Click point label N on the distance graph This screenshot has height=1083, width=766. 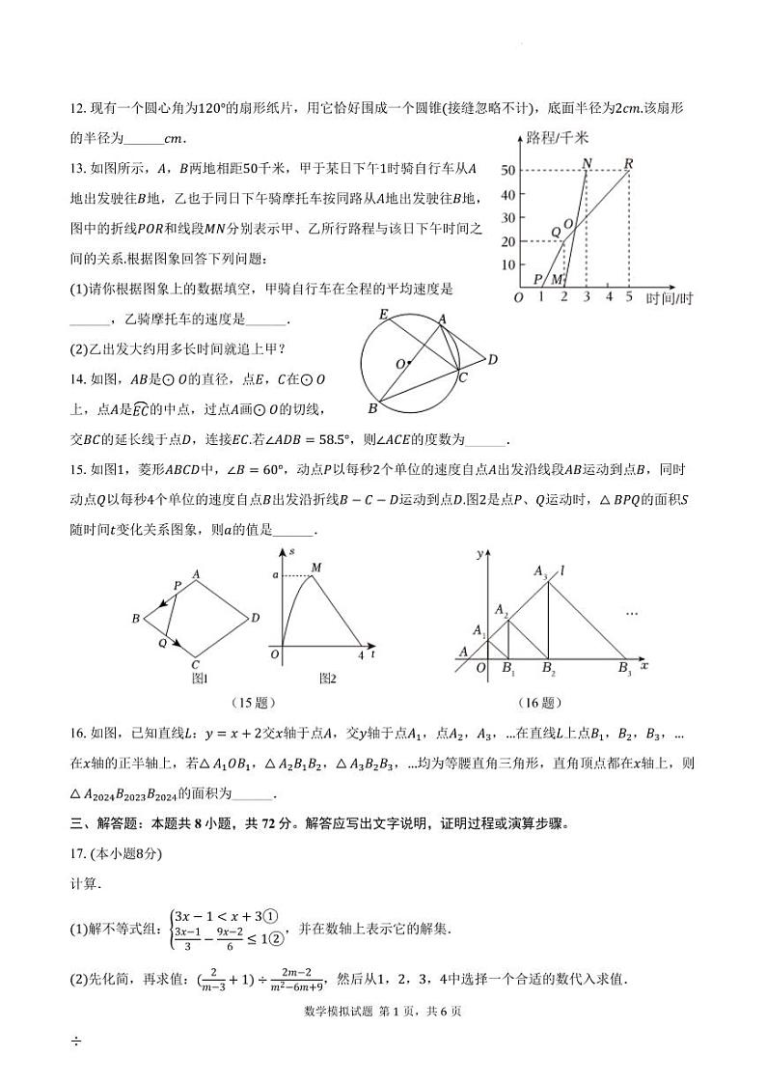click(587, 163)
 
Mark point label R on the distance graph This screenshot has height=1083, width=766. click(628, 162)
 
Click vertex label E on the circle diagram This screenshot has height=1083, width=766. click(383, 316)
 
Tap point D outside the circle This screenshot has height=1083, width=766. click(492, 360)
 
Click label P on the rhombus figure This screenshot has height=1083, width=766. click(177, 586)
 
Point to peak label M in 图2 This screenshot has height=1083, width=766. click(315, 569)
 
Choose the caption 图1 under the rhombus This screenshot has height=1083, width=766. click(201, 678)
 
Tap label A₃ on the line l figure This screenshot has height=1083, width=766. click(541, 571)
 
